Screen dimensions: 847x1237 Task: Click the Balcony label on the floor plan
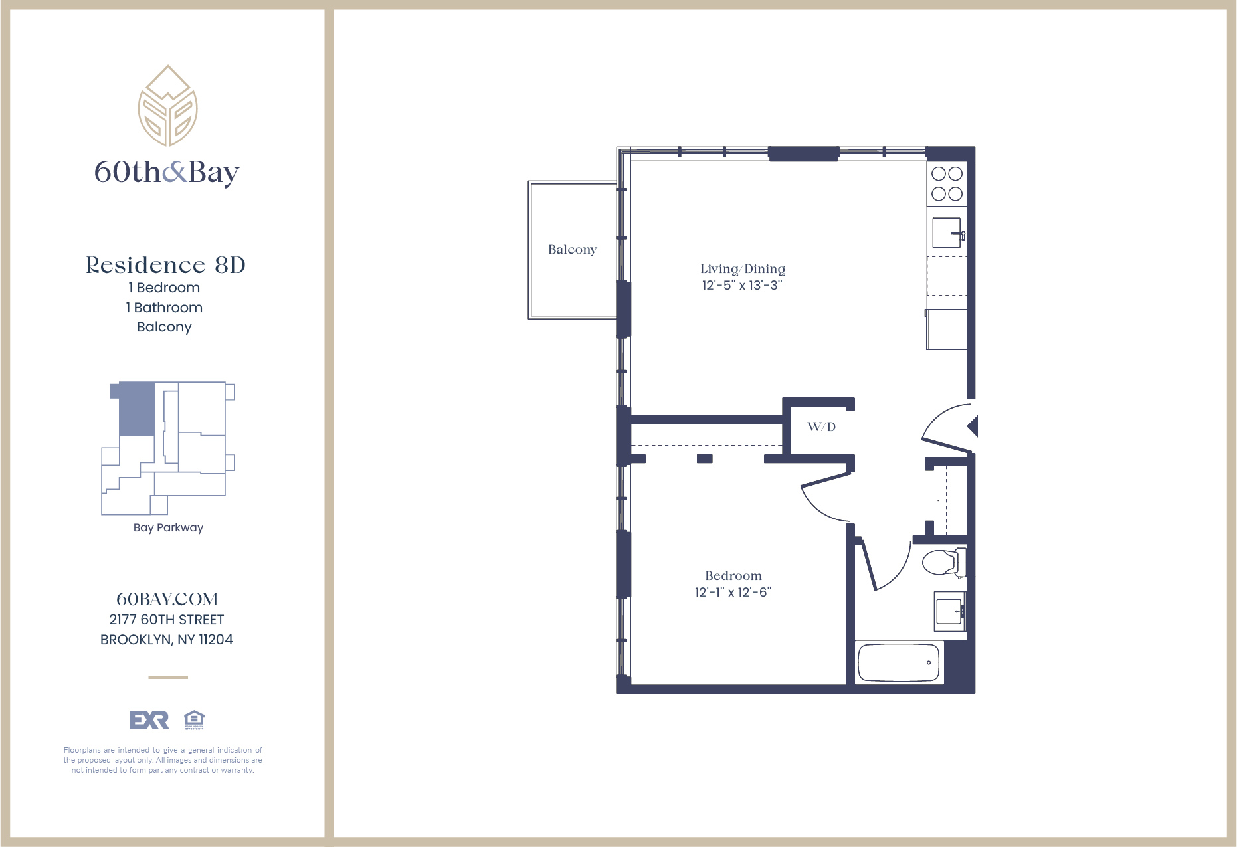(x=572, y=250)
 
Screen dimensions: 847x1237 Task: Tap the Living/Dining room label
(x=742, y=269)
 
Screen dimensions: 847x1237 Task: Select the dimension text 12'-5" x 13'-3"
(x=742, y=286)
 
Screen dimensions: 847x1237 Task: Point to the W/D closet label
(x=821, y=427)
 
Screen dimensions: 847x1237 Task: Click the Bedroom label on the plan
(x=733, y=576)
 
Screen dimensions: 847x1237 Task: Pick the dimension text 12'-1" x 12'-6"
(x=733, y=593)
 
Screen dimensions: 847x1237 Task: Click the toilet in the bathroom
(x=943, y=563)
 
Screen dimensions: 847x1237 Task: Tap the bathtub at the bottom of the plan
(x=899, y=662)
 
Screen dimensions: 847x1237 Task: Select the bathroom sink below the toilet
(x=949, y=611)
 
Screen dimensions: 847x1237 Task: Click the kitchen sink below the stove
(x=947, y=233)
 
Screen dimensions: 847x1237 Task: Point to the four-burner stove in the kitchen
(x=947, y=184)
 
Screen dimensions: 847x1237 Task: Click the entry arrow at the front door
(x=973, y=426)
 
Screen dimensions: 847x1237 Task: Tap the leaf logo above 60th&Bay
(x=167, y=106)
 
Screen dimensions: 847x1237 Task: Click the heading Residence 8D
(x=165, y=265)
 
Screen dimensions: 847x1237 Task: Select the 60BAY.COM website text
(x=167, y=599)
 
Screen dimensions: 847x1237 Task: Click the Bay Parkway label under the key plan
(x=168, y=527)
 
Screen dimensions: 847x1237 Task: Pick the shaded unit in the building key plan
(x=137, y=409)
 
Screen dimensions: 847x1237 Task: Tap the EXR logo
(x=149, y=720)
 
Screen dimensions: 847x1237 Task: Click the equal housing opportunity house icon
(x=194, y=720)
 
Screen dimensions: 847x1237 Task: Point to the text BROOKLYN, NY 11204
(x=167, y=640)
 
